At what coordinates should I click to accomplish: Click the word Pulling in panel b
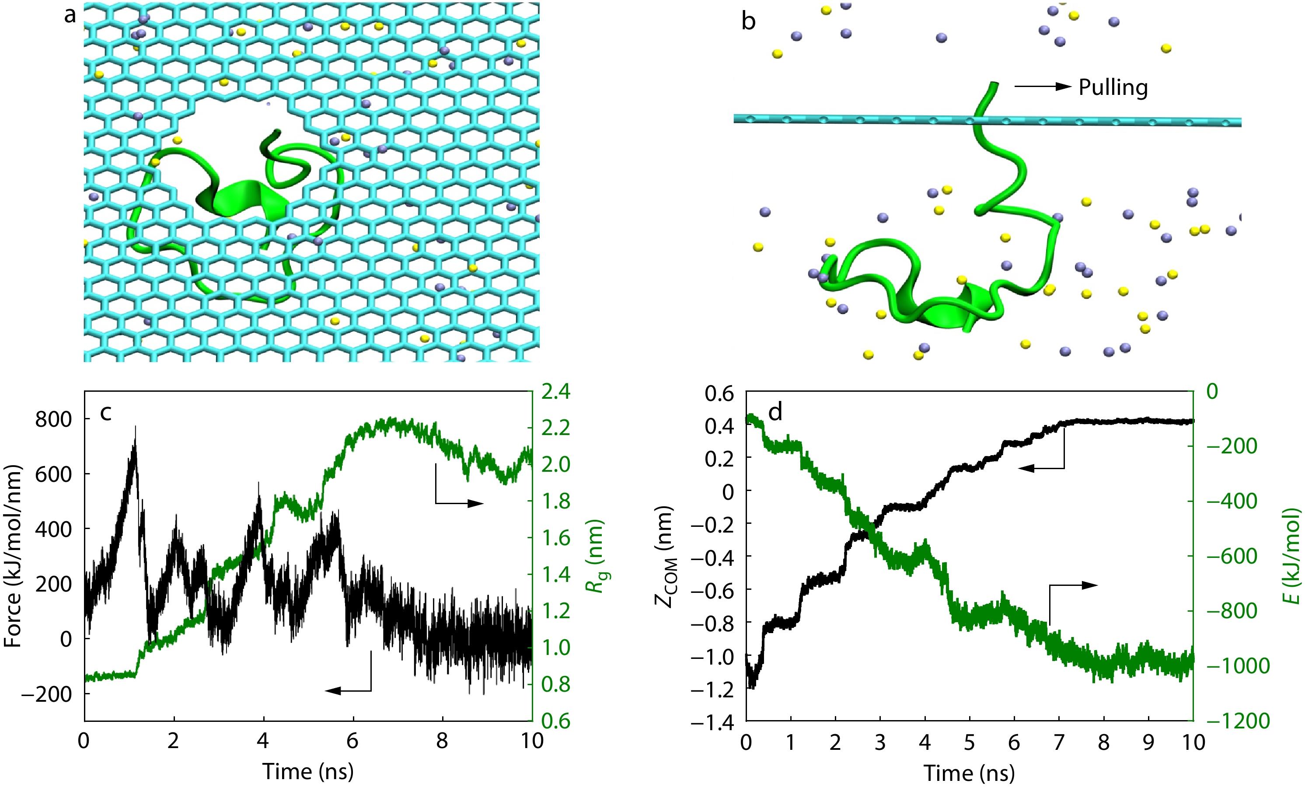(1113, 87)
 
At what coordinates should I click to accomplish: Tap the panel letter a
(70, 16)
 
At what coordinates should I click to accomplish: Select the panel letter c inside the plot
(106, 413)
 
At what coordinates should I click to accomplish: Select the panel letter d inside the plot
(775, 412)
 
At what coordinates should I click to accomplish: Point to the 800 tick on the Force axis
(53, 419)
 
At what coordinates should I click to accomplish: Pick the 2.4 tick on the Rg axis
(555, 392)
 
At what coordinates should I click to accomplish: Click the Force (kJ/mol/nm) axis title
(13, 556)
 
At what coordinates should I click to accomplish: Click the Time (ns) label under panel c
(308, 771)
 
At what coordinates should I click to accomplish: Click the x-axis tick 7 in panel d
(1059, 742)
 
